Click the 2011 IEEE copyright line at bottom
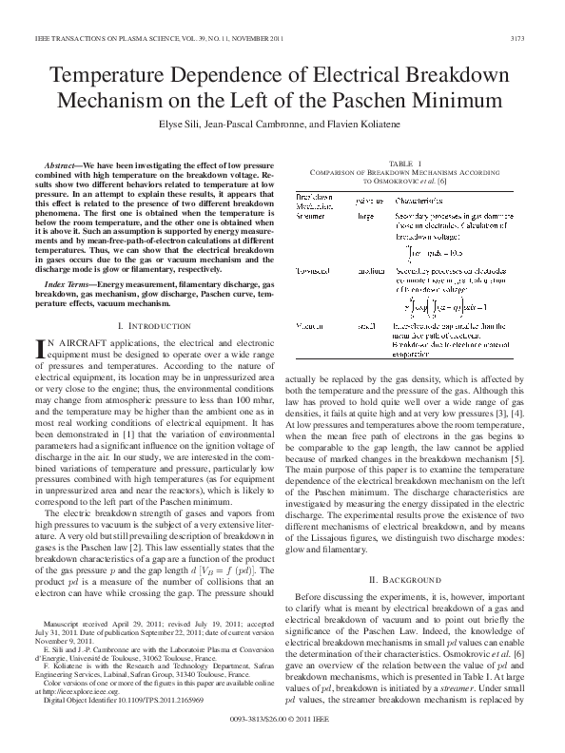[282, 735]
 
